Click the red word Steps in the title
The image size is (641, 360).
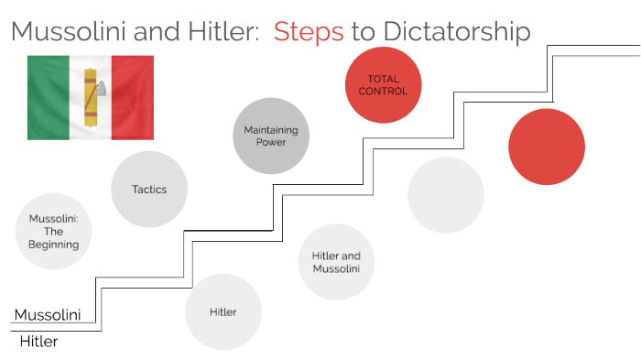tap(309, 32)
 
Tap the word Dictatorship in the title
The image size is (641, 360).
tap(454, 32)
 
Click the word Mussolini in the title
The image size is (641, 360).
tap(73, 32)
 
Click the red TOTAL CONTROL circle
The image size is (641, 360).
tap(383, 84)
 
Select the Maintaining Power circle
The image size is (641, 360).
tap(271, 136)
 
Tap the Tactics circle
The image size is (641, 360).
tap(148, 190)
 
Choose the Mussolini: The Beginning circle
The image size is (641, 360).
tap(54, 232)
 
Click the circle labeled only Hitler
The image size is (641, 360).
tap(223, 311)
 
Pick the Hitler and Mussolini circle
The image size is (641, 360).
tap(336, 262)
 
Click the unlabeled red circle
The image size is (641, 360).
tap(547, 146)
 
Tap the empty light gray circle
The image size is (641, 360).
tap(446, 195)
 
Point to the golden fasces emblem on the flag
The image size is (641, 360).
tap(91, 96)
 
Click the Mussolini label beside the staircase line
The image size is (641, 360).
tap(48, 314)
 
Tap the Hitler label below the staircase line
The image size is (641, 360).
tap(38, 342)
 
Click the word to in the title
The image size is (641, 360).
tap(363, 32)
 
